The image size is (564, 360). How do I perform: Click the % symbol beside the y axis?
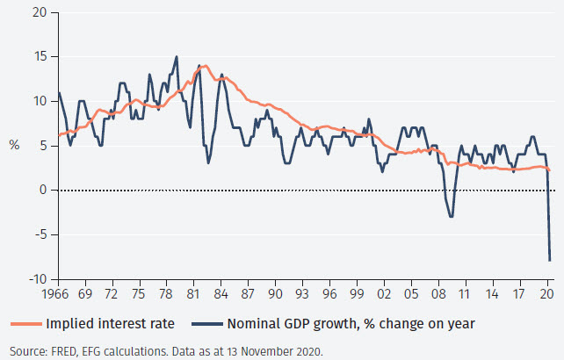click(x=14, y=145)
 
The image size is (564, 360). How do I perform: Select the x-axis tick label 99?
click(x=356, y=295)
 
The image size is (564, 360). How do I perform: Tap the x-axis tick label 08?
click(x=437, y=295)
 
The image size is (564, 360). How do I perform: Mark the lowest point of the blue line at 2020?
click(x=550, y=260)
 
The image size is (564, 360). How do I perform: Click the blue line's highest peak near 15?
click(x=177, y=57)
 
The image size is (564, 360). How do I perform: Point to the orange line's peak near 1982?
click(x=206, y=66)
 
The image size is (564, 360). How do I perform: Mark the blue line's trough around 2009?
click(x=452, y=216)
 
